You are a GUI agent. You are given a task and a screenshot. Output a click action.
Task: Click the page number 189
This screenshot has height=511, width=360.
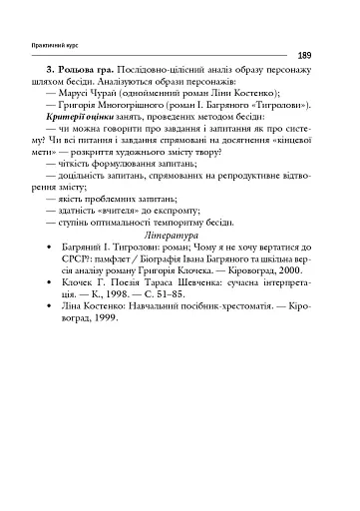(x=304, y=56)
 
